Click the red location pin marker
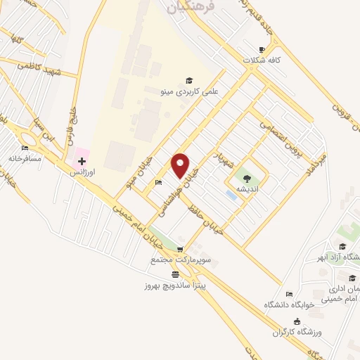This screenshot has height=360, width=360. pyautogui.click(x=181, y=165)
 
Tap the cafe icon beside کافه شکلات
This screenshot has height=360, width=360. pyautogui.click(x=262, y=49)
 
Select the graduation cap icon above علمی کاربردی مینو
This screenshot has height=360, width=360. pyautogui.click(x=188, y=80)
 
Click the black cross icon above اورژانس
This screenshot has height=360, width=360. pyautogui.click(x=82, y=161)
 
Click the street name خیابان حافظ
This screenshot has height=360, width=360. pyautogui.click(x=208, y=219)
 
